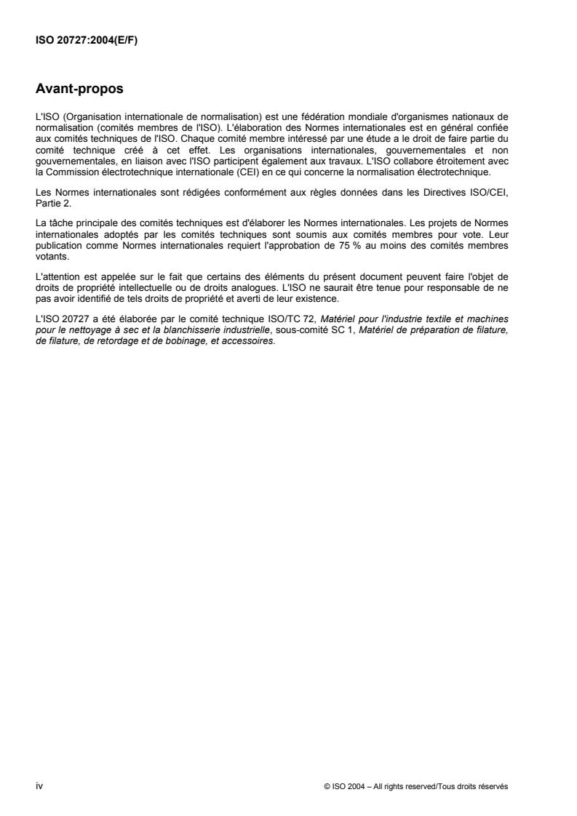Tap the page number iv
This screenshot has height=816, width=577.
click(x=39, y=785)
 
